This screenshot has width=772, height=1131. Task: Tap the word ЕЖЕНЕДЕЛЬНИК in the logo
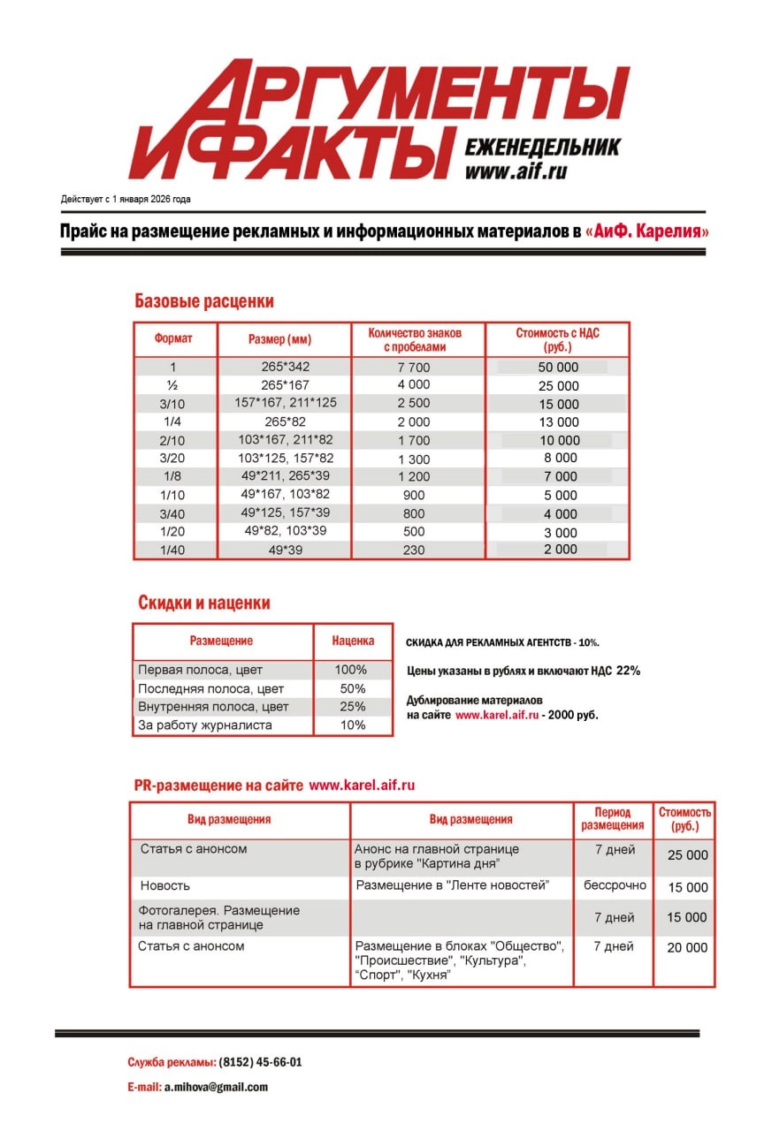click(x=541, y=147)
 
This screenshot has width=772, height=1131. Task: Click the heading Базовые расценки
click(x=204, y=301)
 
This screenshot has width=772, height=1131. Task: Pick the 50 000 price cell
click(x=558, y=368)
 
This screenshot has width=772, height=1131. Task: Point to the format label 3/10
click(x=172, y=404)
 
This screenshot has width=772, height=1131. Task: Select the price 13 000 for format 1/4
click(x=558, y=422)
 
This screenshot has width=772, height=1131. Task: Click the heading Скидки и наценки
click(x=204, y=603)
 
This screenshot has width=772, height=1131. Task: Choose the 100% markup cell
click(x=352, y=670)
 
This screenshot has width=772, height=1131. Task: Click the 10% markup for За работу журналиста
click(x=352, y=725)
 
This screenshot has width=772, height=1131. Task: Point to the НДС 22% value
click(x=628, y=671)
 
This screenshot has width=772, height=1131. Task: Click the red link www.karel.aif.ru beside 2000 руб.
click(x=497, y=715)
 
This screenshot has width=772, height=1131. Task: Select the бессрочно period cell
click(x=615, y=885)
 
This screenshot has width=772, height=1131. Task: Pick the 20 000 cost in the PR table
click(x=687, y=947)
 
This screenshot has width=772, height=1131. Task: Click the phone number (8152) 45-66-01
click(x=260, y=1063)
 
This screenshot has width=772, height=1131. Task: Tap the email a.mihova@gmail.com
click(x=216, y=1088)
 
